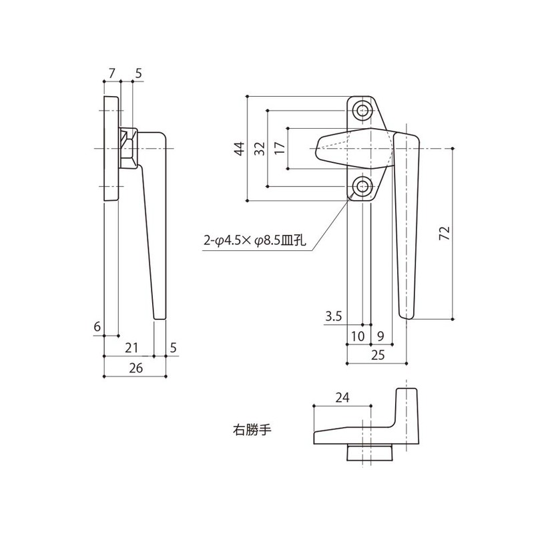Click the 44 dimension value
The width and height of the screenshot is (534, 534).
(x=238, y=148)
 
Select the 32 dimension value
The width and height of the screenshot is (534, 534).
(x=259, y=148)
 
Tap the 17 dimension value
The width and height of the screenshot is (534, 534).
(x=279, y=148)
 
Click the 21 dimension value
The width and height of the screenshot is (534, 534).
(x=131, y=346)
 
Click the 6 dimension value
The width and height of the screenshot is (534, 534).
(x=97, y=326)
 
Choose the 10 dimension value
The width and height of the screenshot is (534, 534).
(x=358, y=336)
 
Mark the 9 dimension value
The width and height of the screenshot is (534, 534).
(x=380, y=336)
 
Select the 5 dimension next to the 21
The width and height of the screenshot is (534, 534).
(x=173, y=346)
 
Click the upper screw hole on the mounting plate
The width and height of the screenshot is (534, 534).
(x=362, y=110)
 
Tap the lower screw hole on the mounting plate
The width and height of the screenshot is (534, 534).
(x=362, y=186)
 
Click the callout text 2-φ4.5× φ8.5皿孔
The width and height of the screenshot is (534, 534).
(x=254, y=241)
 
